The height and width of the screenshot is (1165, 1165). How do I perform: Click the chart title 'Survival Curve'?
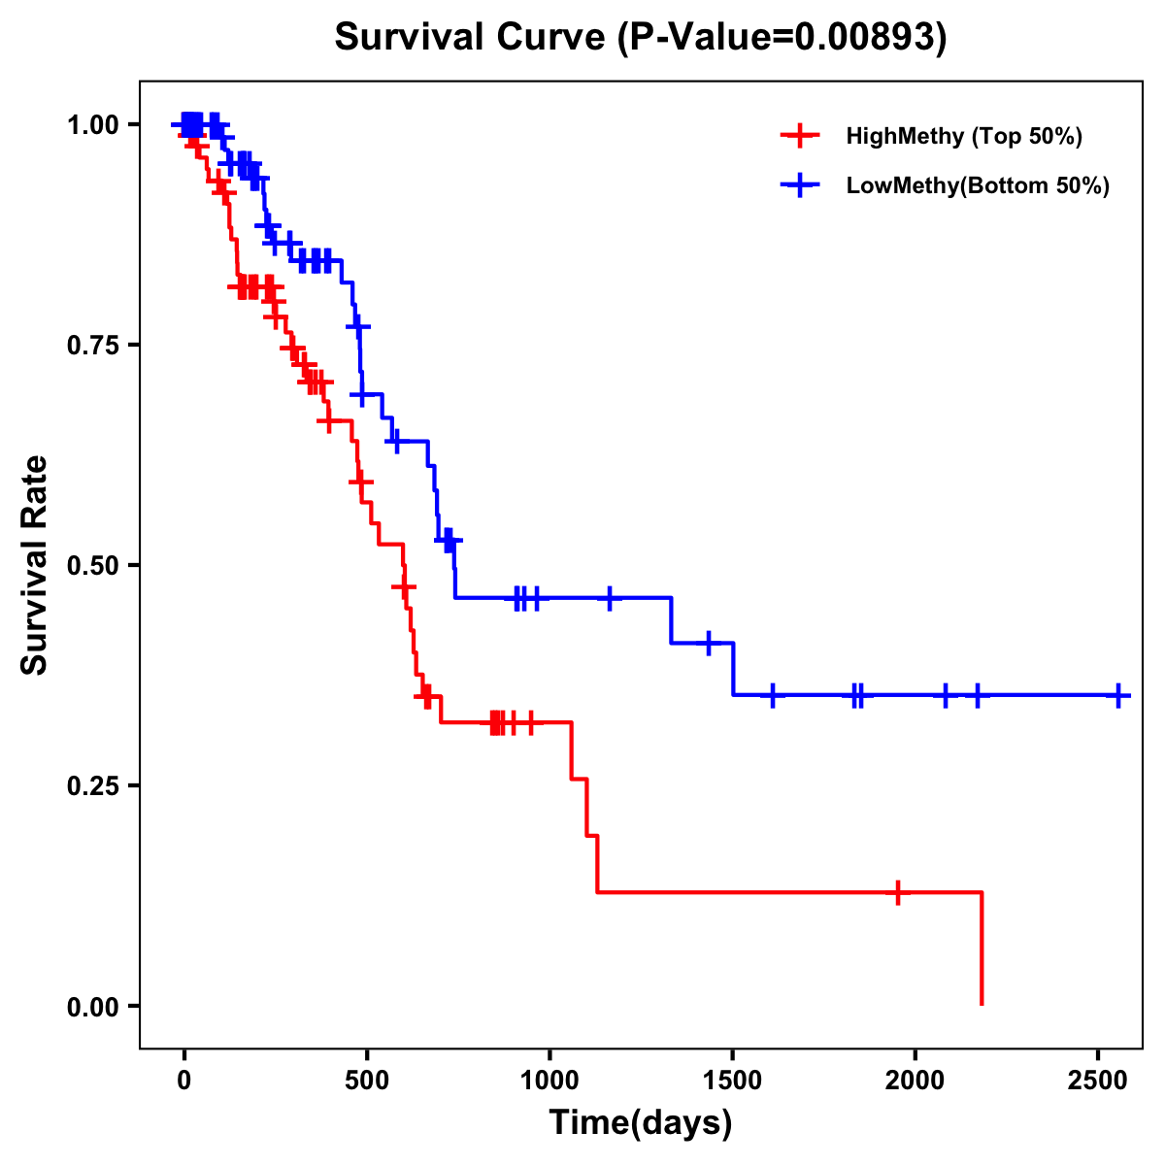tap(472, 37)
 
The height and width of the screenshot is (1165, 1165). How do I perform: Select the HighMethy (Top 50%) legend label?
tap(963, 136)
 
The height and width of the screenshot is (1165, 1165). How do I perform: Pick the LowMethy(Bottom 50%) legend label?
tap(977, 185)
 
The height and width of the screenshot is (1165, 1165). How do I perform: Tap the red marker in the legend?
tap(799, 136)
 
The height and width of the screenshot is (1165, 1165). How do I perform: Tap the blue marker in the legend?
tap(799, 185)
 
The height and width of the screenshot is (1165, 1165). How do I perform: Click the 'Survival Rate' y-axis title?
tap(35, 565)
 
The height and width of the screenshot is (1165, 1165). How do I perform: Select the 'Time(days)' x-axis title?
tap(641, 1123)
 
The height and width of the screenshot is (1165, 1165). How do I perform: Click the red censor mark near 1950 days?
tap(898, 892)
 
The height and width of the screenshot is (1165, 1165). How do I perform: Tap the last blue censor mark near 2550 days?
tap(1118, 695)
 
